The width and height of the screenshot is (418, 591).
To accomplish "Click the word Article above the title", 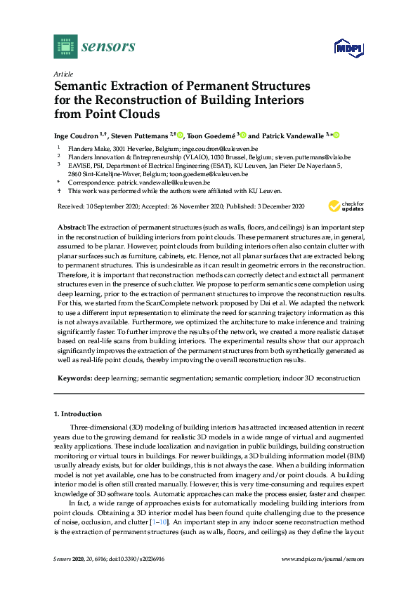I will click(x=63, y=73).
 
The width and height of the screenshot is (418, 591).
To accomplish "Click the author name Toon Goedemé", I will click(x=211, y=135).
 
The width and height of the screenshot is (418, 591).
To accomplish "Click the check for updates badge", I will click(x=346, y=206).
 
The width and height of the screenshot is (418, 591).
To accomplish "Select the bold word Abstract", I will click(x=71, y=228).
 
